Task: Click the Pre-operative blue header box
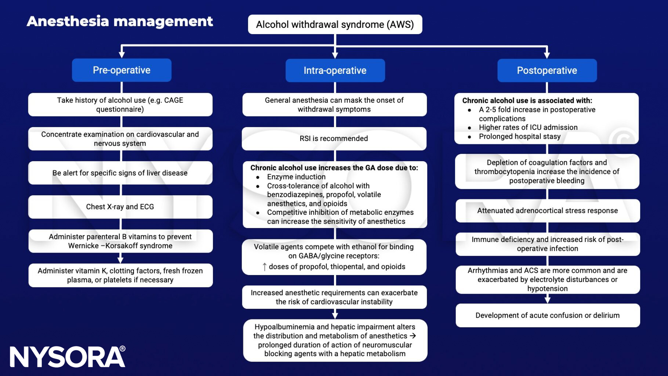pyautogui.click(x=121, y=70)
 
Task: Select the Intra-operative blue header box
pyautogui.click(x=335, y=70)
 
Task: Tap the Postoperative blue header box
pyautogui.click(x=547, y=70)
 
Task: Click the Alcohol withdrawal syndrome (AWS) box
pyautogui.click(x=335, y=25)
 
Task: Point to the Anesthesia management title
pyautogui.click(x=120, y=21)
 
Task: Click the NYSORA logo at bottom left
pyautogui.click(x=68, y=357)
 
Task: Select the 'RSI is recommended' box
pyautogui.click(x=334, y=138)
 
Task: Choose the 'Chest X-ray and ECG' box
pyautogui.click(x=120, y=207)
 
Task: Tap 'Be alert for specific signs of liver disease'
pyautogui.click(x=120, y=173)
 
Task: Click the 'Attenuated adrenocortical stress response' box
pyautogui.click(x=547, y=211)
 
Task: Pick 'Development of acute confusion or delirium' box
pyautogui.click(x=547, y=315)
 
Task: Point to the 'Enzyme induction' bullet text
pyautogui.click(x=296, y=177)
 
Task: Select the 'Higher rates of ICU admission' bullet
pyautogui.click(x=528, y=127)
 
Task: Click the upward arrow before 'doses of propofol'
pyautogui.click(x=264, y=267)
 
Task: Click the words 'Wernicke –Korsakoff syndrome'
pyautogui.click(x=120, y=246)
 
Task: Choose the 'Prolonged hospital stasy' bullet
pyautogui.click(x=519, y=137)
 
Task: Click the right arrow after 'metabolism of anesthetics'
pyautogui.click(x=413, y=336)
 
